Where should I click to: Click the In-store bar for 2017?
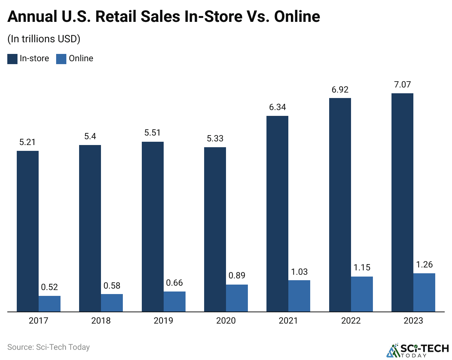28,231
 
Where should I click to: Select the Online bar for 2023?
424,292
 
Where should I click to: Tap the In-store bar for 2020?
215,229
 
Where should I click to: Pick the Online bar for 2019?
175,301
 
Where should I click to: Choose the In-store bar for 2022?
340,205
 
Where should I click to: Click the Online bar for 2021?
299,296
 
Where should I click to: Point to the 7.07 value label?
402,85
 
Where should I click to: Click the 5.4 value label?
90,137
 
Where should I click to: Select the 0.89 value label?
237,276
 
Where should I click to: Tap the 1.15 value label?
362,268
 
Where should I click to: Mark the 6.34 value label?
277,107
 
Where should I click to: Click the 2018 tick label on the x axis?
101,321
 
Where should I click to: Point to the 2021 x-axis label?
288,321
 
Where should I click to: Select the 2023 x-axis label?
413,321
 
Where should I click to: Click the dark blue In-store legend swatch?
12,59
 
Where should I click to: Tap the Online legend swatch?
61,59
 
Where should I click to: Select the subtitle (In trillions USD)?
44,39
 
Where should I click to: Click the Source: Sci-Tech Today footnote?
48,347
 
